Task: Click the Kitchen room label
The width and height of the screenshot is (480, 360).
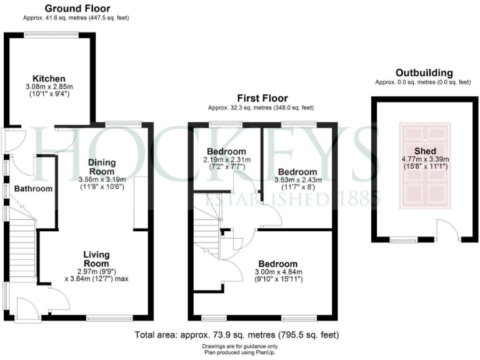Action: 49,78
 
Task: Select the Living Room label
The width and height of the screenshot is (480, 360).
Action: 97,259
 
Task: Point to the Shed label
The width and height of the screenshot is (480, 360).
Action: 424,151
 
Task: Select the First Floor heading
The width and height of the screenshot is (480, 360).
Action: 262,98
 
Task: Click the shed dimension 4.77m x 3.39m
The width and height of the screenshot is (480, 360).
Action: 424,159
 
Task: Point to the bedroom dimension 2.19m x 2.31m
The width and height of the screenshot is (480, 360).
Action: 226,160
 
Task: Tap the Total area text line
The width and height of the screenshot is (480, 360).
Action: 237,335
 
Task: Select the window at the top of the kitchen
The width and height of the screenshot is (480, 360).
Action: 49,34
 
